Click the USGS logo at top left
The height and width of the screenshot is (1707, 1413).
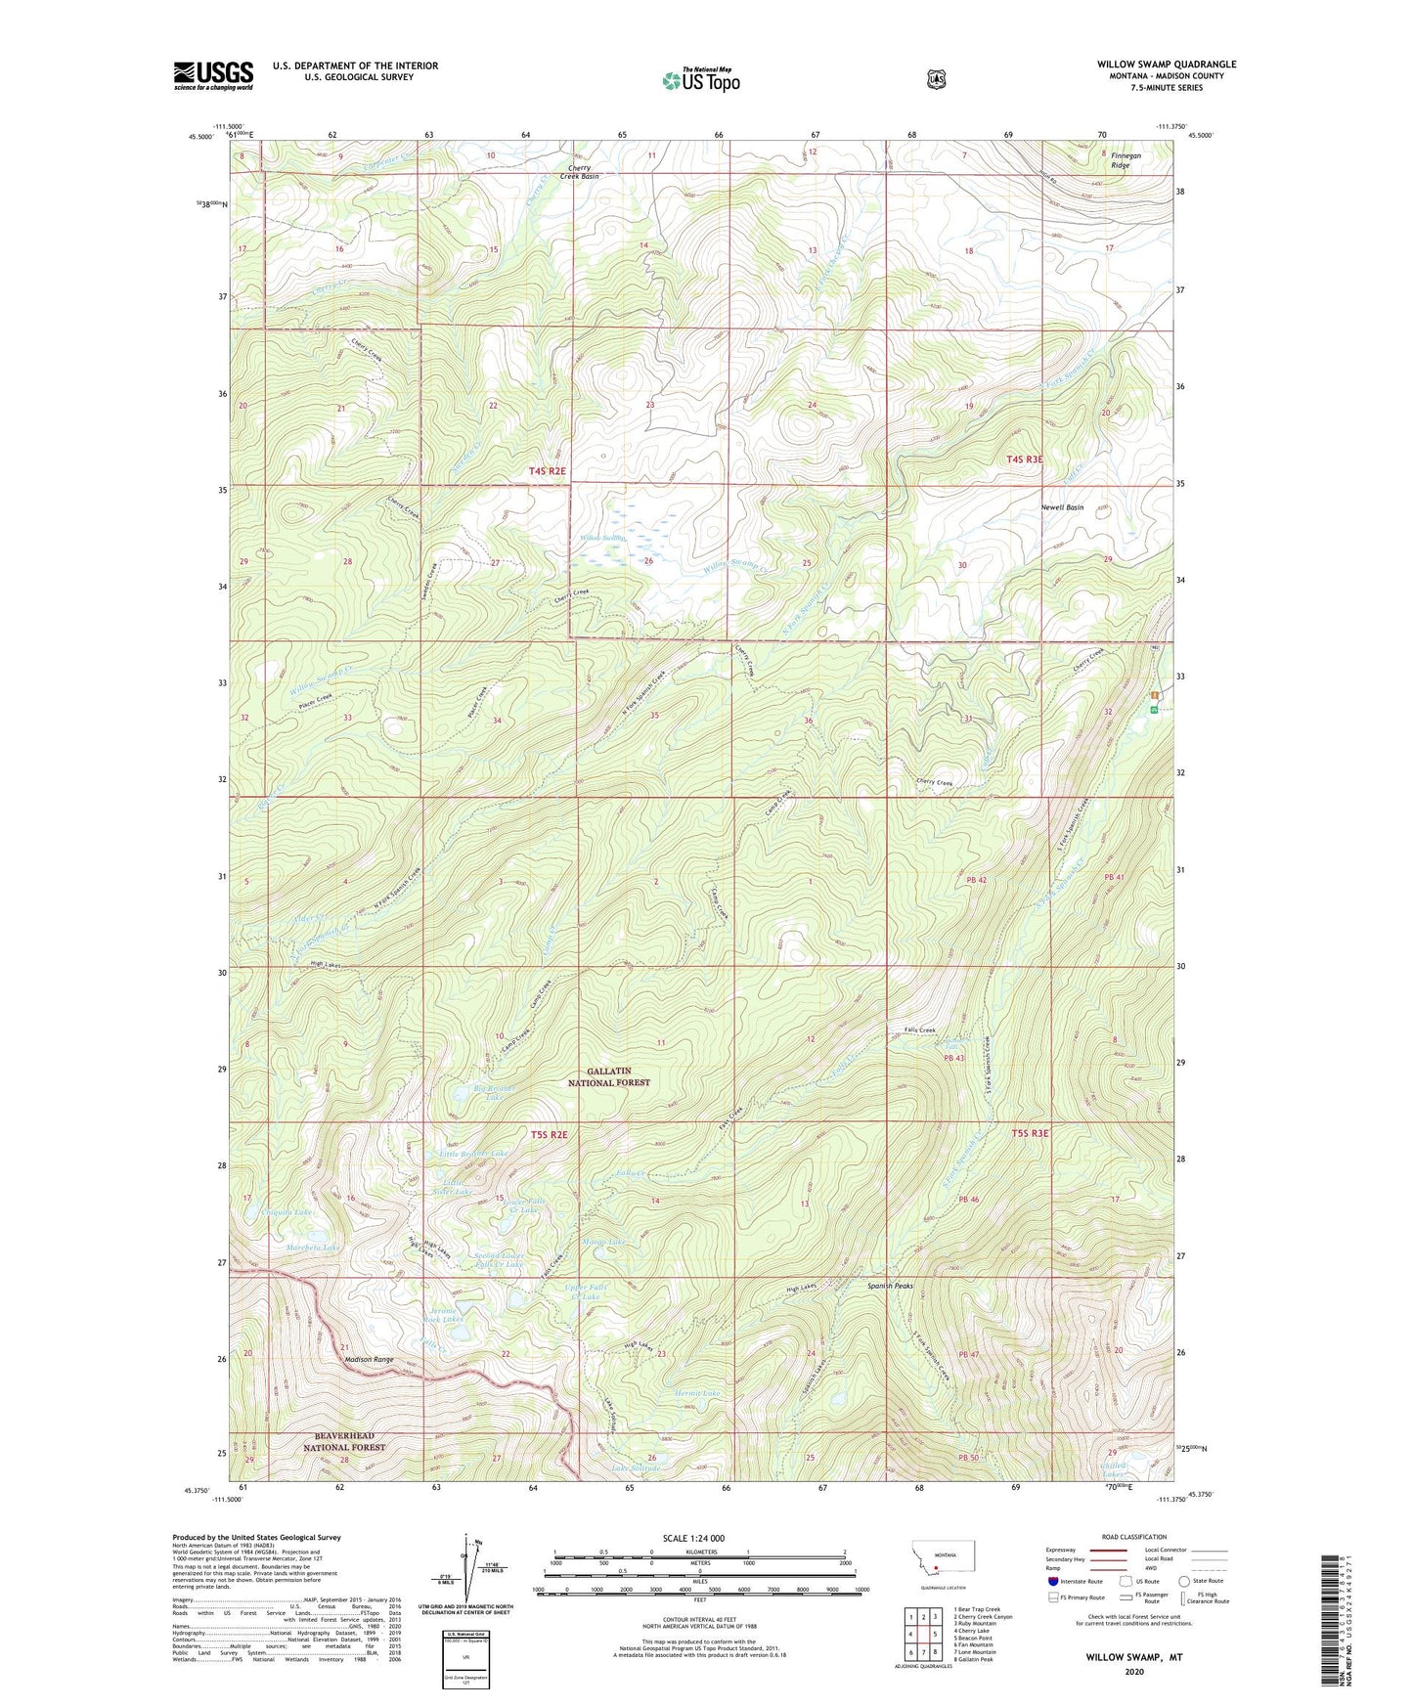coord(213,75)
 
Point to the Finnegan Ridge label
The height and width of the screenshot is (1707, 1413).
coord(1121,160)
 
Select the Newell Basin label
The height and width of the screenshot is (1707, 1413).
coord(1062,507)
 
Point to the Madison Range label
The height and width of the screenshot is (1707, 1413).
coord(369,1359)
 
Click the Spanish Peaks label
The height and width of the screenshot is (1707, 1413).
coord(889,1286)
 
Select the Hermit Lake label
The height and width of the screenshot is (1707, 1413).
coord(697,1392)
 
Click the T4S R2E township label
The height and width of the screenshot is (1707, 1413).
coord(547,471)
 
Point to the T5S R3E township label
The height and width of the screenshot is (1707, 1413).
coord(1029,1133)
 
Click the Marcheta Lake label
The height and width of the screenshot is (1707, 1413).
coord(313,1247)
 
